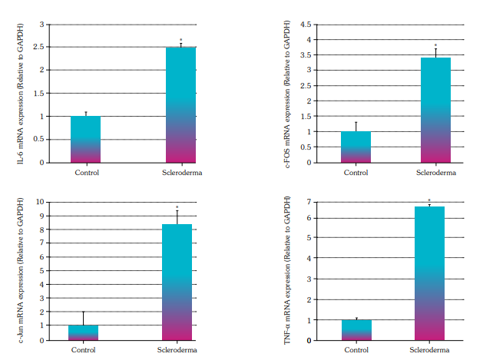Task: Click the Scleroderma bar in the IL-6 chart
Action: tap(180, 104)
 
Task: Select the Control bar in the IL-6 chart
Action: tap(86, 139)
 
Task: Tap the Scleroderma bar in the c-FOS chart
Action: tap(435, 110)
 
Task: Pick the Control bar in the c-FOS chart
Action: tap(356, 147)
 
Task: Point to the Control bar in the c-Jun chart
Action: tap(83, 332)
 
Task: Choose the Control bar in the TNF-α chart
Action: tap(356, 330)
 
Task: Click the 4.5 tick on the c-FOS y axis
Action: tap(304, 25)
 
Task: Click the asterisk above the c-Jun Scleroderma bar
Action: tap(177, 207)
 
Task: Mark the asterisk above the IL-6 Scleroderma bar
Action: tap(181, 40)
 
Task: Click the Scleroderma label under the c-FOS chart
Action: tap(435, 173)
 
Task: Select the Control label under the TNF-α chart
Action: tap(356, 350)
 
